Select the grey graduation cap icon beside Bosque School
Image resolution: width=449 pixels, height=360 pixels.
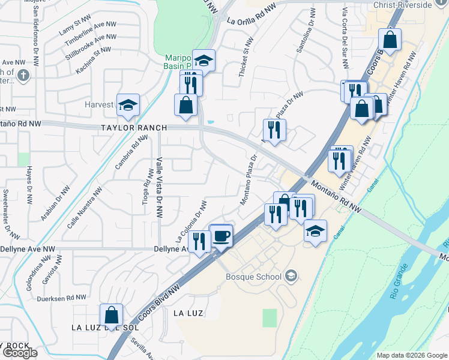point(291,276)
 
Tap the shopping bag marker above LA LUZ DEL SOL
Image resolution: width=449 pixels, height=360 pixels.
point(111,314)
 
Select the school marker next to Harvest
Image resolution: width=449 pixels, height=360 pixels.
point(128,105)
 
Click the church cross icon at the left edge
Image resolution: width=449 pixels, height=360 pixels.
point(23,76)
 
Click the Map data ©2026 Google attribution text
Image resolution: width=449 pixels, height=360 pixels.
point(412,355)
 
